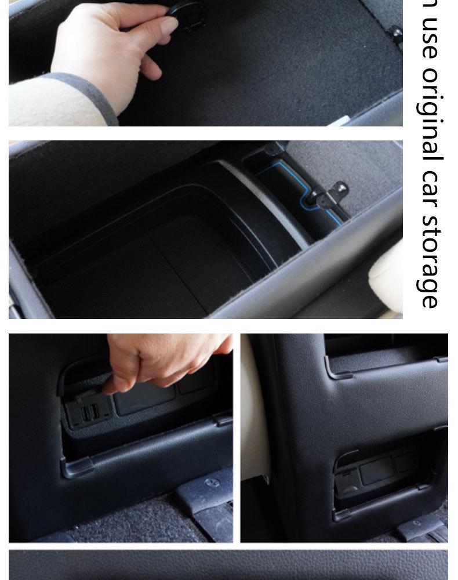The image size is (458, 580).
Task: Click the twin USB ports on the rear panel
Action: tap(89, 413)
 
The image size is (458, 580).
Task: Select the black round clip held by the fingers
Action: tap(187, 10)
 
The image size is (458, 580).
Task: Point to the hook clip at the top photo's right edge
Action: tap(395, 32)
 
